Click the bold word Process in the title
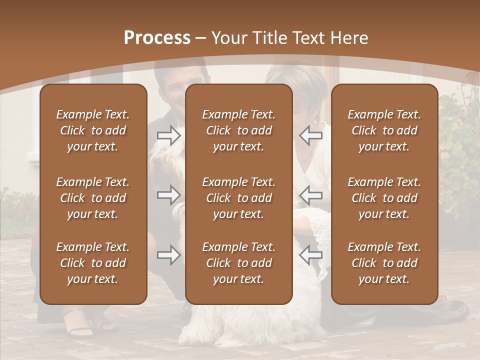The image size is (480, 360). [x=157, y=38]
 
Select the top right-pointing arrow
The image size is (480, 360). [x=168, y=135]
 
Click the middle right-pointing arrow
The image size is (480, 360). [x=168, y=194]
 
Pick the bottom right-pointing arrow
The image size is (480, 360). [x=168, y=255]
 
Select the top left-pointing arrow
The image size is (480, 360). [x=310, y=135]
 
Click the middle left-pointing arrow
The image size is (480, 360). [x=310, y=194]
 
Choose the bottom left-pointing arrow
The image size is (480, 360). [x=310, y=255]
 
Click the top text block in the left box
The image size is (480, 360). [x=93, y=130]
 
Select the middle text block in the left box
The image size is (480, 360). [x=93, y=198]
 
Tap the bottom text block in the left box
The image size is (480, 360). [x=93, y=263]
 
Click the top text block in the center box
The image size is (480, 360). [x=238, y=130]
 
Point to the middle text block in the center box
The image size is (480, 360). [x=238, y=198]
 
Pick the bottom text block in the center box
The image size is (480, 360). [x=238, y=263]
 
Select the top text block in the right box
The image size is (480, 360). [x=384, y=130]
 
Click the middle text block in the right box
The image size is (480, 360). [x=384, y=198]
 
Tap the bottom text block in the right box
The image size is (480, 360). [x=384, y=263]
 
